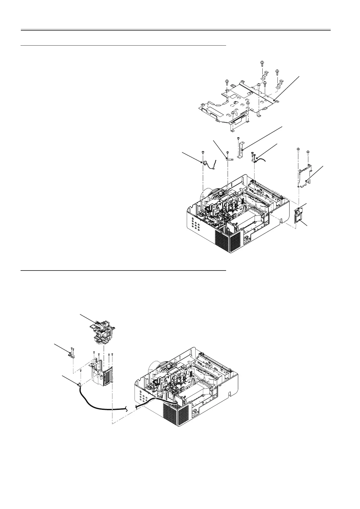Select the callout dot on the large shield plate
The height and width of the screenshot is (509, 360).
pos(274,100)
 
